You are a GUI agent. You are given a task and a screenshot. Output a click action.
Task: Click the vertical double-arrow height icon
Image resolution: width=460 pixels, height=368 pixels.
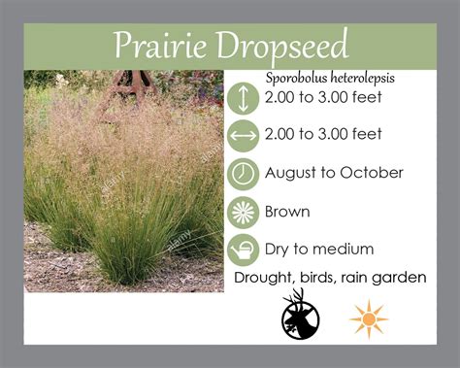(243, 97)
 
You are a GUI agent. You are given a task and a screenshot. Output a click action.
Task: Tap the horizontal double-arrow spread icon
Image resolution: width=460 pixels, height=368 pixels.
(243, 135)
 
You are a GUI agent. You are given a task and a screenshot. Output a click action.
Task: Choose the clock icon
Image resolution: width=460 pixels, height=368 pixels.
(243, 173)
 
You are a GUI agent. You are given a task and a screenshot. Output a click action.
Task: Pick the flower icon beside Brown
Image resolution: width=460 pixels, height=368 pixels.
(243, 211)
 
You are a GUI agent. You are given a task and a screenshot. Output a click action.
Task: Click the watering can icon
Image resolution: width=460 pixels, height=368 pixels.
(243, 250)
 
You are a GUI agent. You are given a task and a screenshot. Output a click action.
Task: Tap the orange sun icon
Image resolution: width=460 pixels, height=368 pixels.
(369, 318)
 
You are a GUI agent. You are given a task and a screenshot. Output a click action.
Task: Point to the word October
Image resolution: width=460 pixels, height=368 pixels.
(374, 173)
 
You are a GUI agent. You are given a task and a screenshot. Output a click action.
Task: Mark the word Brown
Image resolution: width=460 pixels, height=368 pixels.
(287, 211)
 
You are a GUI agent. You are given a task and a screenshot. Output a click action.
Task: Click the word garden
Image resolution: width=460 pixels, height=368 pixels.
(401, 279)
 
